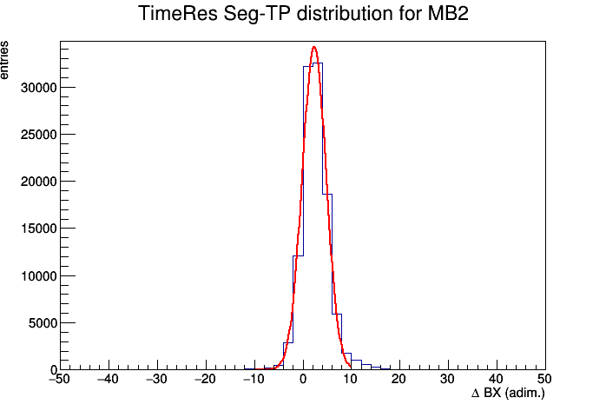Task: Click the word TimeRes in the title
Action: pyautogui.click(x=178, y=14)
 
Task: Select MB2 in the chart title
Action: pyautogui.click(x=447, y=14)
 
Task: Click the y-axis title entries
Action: pyautogui.click(x=4, y=60)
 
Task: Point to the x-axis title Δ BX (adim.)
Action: pyautogui.click(x=508, y=394)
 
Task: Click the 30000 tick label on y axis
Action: pyautogui.click(x=39, y=88)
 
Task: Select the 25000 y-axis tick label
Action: pyautogui.click(x=39, y=135)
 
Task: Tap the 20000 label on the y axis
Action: pyautogui.click(x=39, y=182)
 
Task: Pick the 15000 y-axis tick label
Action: pyautogui.click(x=39, y=229)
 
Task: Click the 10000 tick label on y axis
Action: pyautogui.click(x=39, y=276)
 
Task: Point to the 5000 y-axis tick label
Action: pyautogui.click(x=43, y=323)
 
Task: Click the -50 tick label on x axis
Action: pyautogui.click(x=59, y=379)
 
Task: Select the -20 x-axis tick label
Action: pyautogui.click(x=205, y=379)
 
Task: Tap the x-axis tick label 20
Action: pyautogui.click(x=399, y=379)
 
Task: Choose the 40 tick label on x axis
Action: pyautogui.click(x=497, y=379)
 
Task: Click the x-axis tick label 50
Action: pyautogui.click(x=544, y=379)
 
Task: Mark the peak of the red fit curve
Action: pyautogui.click(x=314, y=47)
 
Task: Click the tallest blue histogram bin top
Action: pyautogui.click(x=318, y=63)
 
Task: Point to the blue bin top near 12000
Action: pyautogui.click(x=299, y=256)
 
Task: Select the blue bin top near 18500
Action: pyautogui.click(x=327, y=194)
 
